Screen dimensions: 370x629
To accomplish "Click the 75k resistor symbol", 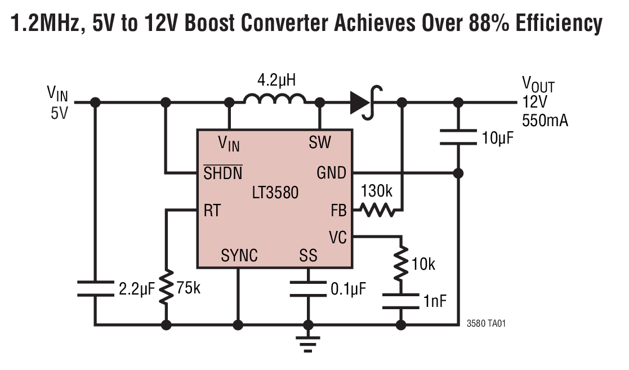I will (x=166, y=288).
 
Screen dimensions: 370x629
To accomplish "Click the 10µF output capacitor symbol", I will (x=459, y=137).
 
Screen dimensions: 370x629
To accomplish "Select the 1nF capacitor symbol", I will (x=401, y=301).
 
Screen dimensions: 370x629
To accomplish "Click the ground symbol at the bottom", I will (x=308, y=341).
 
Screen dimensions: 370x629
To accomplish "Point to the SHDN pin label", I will (x=223, y=173).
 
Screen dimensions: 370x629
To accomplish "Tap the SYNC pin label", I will (x=239, y=256).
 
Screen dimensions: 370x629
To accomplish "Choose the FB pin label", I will (x=339, y=211).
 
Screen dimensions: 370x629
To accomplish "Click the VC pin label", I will (x=338, y=238).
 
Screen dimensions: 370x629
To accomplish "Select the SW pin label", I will (x=320, y=143).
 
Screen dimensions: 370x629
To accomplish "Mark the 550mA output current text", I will (x=545, y=120).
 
